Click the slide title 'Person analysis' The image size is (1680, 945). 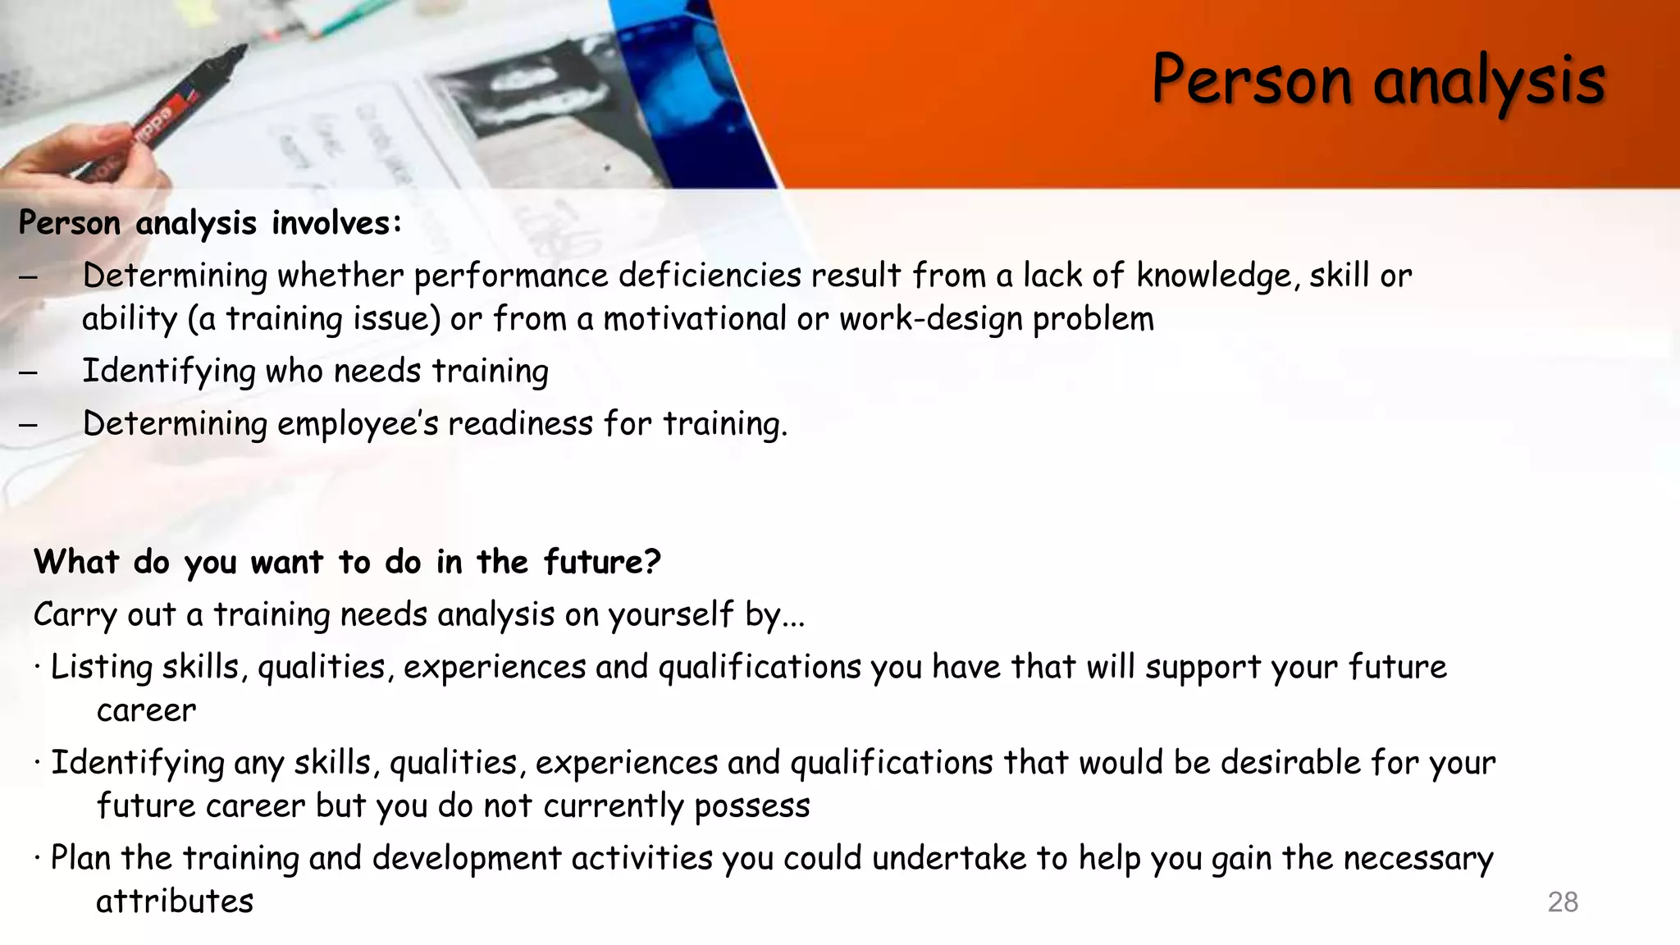pos(1378,80)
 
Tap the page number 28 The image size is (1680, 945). pos(1562,902)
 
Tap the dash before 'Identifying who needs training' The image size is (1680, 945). pos(28,372)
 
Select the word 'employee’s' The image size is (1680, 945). pos(358,425)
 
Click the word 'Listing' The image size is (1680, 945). pos(101,668)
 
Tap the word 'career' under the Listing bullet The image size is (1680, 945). pos(146,710)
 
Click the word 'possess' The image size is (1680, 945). pos(751,806)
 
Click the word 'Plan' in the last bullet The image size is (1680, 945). pos(80,859)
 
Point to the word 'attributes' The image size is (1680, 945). pos(175,902)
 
